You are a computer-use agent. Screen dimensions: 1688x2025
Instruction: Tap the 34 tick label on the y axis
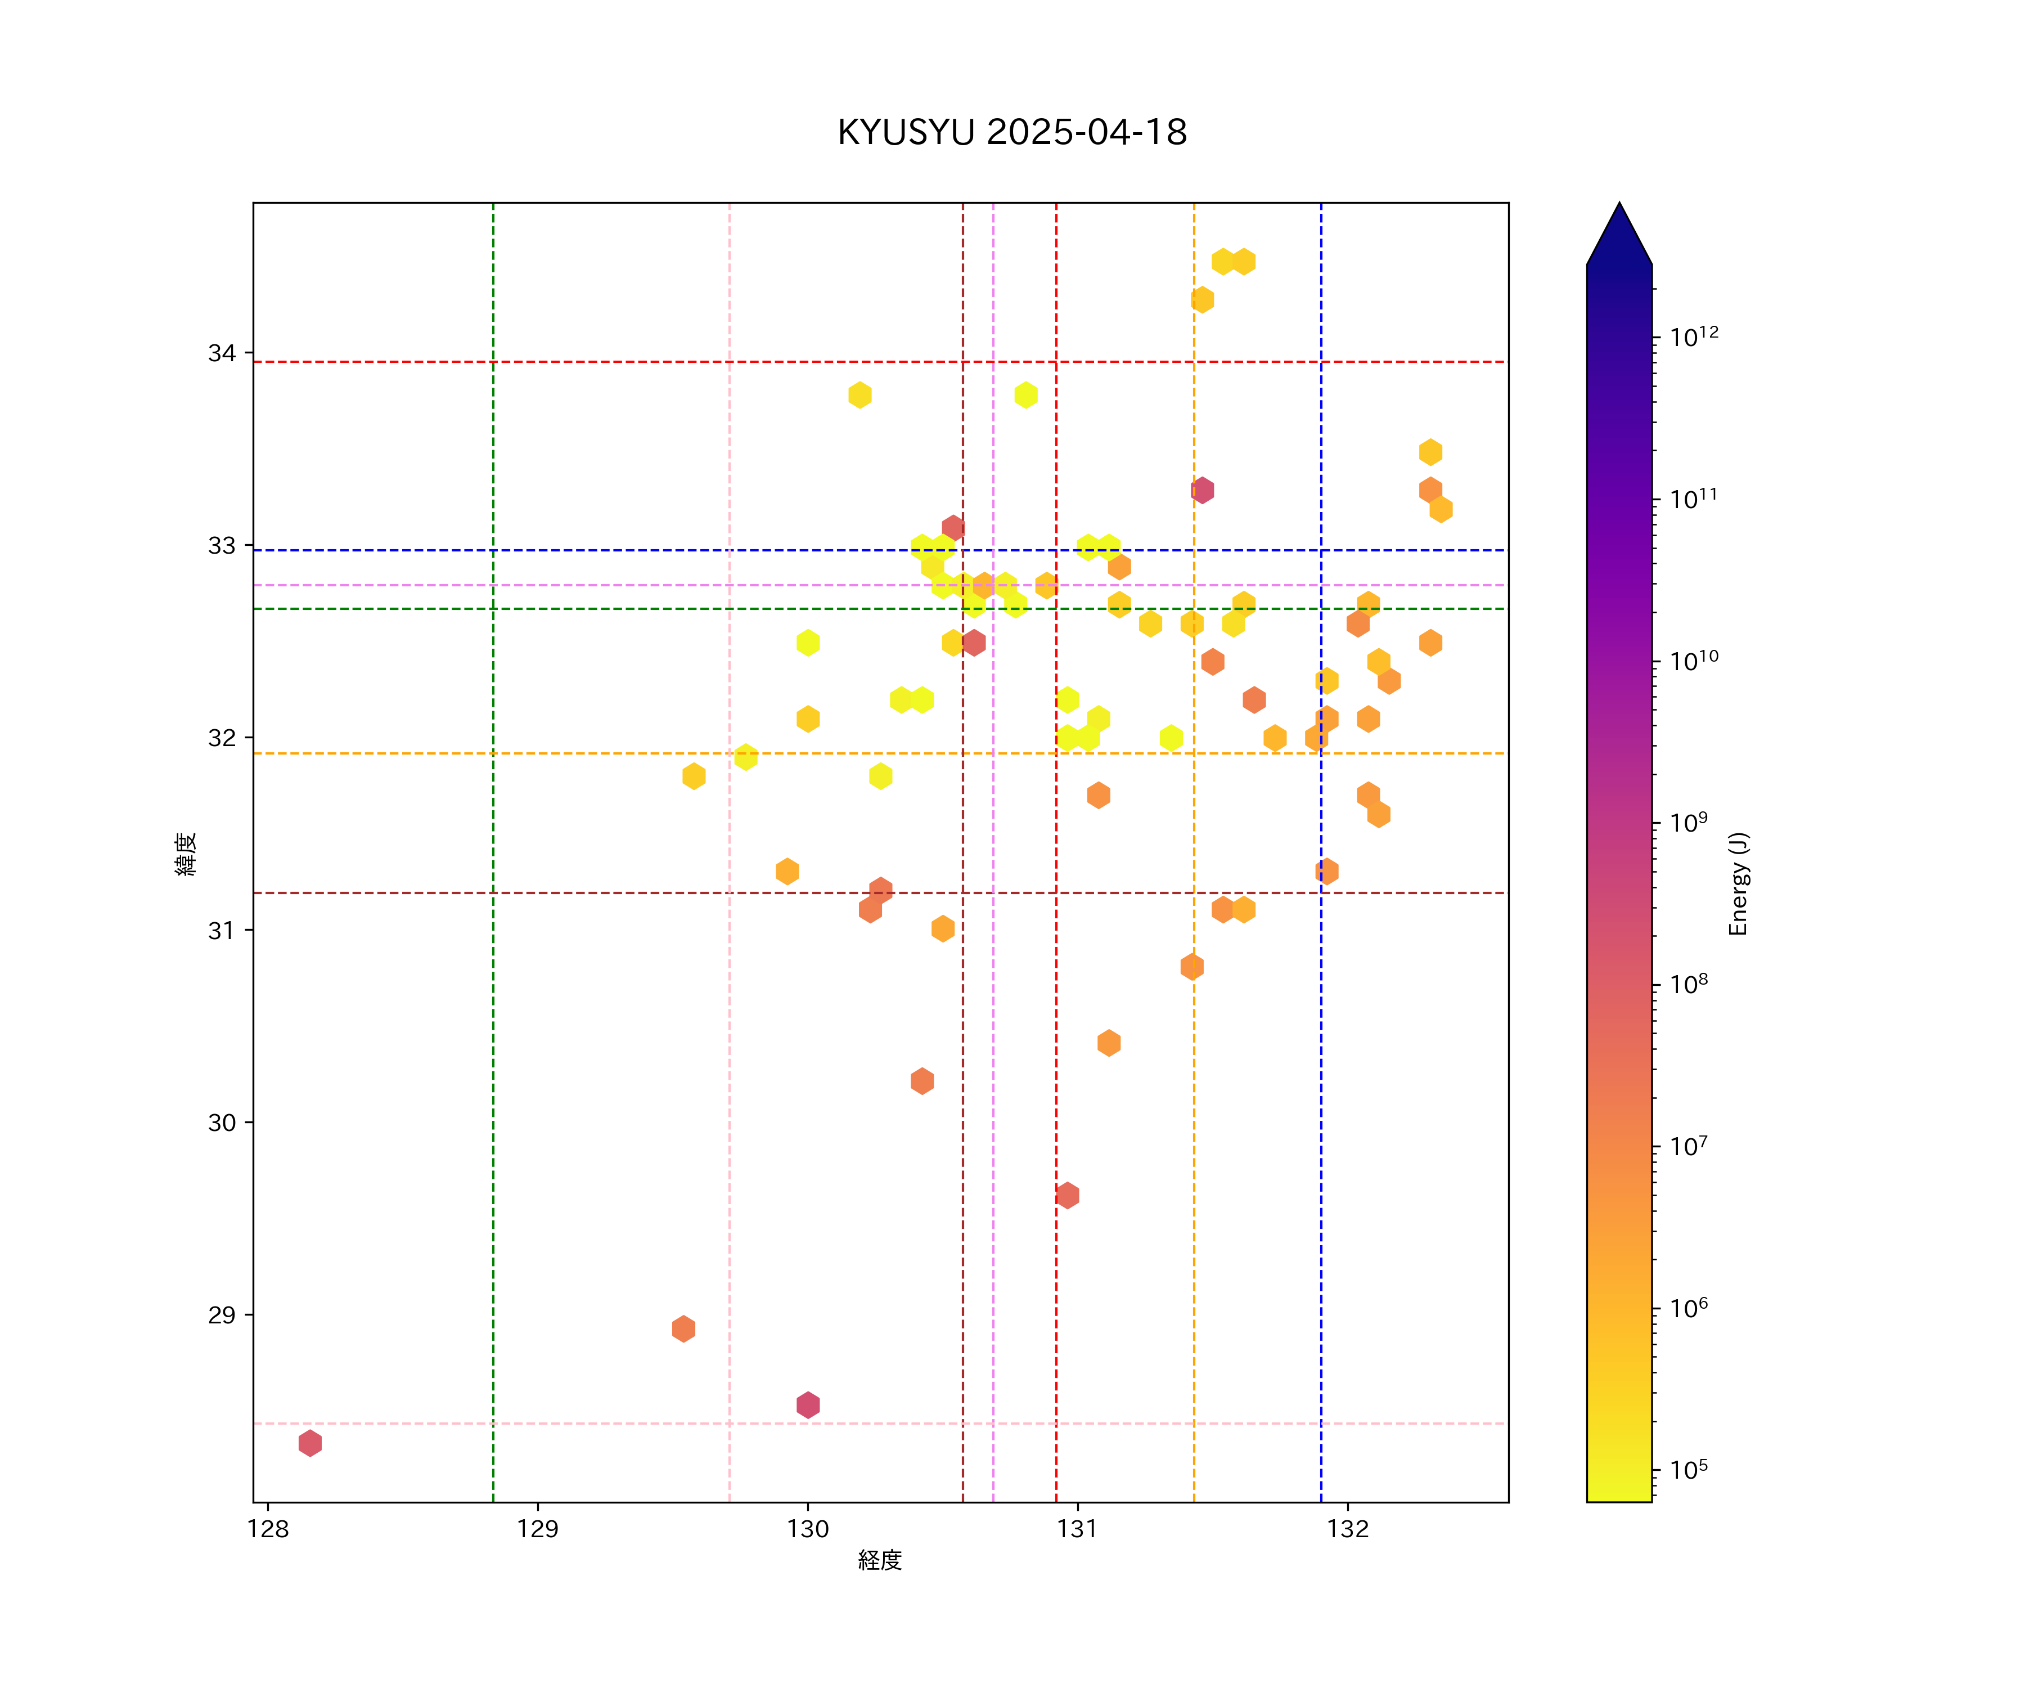pyautogui.click(x=222, y=353)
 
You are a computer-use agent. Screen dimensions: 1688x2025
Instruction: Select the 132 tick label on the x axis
pyautogui.click(x=1347, y=1529)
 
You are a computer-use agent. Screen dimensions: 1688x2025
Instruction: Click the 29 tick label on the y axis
pyautogui.click(x=222, y=1315)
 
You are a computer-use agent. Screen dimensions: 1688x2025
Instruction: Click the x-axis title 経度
pyautogui.click(x=879, y=1560)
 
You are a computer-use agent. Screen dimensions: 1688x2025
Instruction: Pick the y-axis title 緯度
pyautogui.click(x=186, y=854)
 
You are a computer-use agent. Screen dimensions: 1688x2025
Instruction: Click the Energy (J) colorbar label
pyautogui.click(x=1738, y=883)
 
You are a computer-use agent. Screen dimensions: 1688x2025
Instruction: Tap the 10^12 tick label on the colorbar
pyautogui.click(x=1694, y=336)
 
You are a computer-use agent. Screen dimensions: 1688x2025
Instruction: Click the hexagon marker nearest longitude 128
pyautogui.click(x=309, y=1443)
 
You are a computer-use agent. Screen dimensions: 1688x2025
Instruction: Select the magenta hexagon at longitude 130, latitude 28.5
pyautogui.click(x=808, y=1404)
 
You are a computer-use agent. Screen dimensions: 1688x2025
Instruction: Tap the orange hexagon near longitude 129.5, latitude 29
pyautogui.click(x=683, y=1328)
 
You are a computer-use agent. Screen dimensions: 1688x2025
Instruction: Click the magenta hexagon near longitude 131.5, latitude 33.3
pyautogui.click(x=1201, y=490)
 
